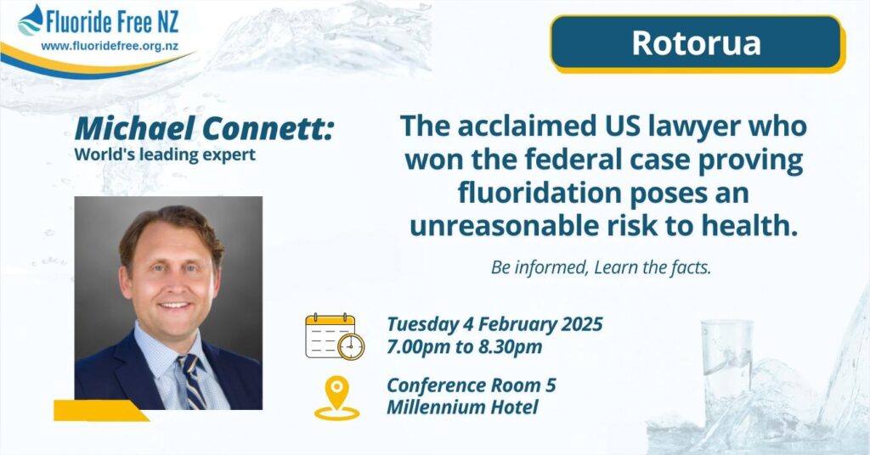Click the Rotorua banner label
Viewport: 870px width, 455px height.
click(x=696, y=42)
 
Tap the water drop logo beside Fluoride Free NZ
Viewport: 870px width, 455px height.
click(x=31, y=20)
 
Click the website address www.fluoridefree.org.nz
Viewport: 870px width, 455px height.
click(x=110, y=47)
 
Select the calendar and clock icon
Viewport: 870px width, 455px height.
click(x=335, y=336)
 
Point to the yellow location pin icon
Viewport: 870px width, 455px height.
click(x=336, y=398)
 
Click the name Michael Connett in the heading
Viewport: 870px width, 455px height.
click(x=203, y=128)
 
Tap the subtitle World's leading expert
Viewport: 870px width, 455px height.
click(x=165, y=154)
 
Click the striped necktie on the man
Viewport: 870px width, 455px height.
click(x=191, y=381)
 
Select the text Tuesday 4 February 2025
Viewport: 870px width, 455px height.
click(x=494, y=324)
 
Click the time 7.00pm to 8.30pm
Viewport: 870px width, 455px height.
click(x=465, y=347)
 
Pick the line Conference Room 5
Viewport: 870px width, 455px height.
click(x=471, y=385)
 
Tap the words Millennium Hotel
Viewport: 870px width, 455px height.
click(x=462, y=407)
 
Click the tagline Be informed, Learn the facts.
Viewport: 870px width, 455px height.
click(x=601, y=267)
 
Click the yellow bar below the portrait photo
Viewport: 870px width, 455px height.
click(x=101, y=411)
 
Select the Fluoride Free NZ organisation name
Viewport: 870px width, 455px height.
click(x=113, y=23)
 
